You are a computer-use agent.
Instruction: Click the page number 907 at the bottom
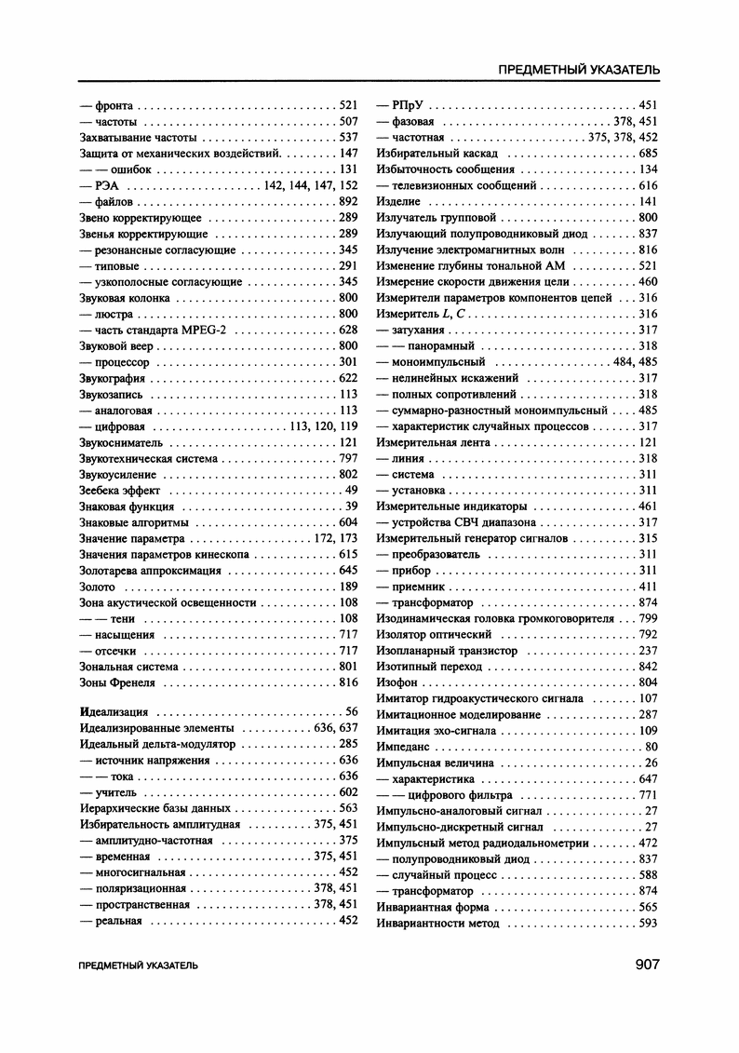tap(647, 964)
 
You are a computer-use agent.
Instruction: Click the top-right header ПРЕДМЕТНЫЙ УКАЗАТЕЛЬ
tap(580, 70)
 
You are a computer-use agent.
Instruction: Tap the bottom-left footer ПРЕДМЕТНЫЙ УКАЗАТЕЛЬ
tap(139, 965)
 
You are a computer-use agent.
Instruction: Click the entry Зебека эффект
tap(120, 490)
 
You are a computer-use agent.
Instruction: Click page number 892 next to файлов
tap(348, 201)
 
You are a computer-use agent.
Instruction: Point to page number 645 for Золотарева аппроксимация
tap(348, 570)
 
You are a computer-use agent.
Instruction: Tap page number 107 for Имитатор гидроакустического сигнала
tap(648, 698)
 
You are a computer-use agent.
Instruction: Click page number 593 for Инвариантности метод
tap(648, 924)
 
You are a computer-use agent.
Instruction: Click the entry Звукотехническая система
tap(149, 458)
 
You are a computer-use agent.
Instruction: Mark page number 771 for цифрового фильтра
tap(648, 795)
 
